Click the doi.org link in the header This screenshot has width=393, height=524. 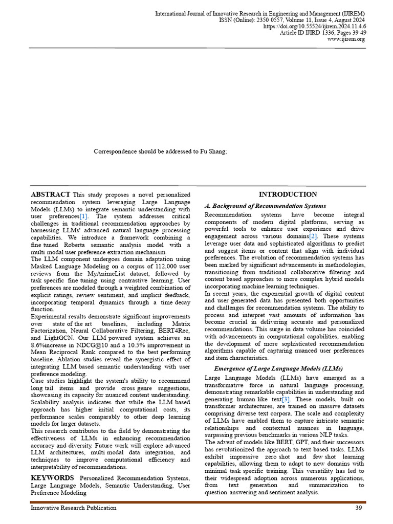point(315,26)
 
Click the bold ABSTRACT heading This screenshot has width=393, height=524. point(51,194)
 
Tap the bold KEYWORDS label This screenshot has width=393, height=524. point(53,477)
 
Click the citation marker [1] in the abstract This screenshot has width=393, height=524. point(83,216)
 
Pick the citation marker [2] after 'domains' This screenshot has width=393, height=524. point(313,237)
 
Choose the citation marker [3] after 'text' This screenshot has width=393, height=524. point(286,399)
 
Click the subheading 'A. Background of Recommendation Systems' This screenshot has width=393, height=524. point(265,206)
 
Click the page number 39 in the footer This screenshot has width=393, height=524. point(359,508)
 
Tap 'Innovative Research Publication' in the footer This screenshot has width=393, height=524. point(73,508)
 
